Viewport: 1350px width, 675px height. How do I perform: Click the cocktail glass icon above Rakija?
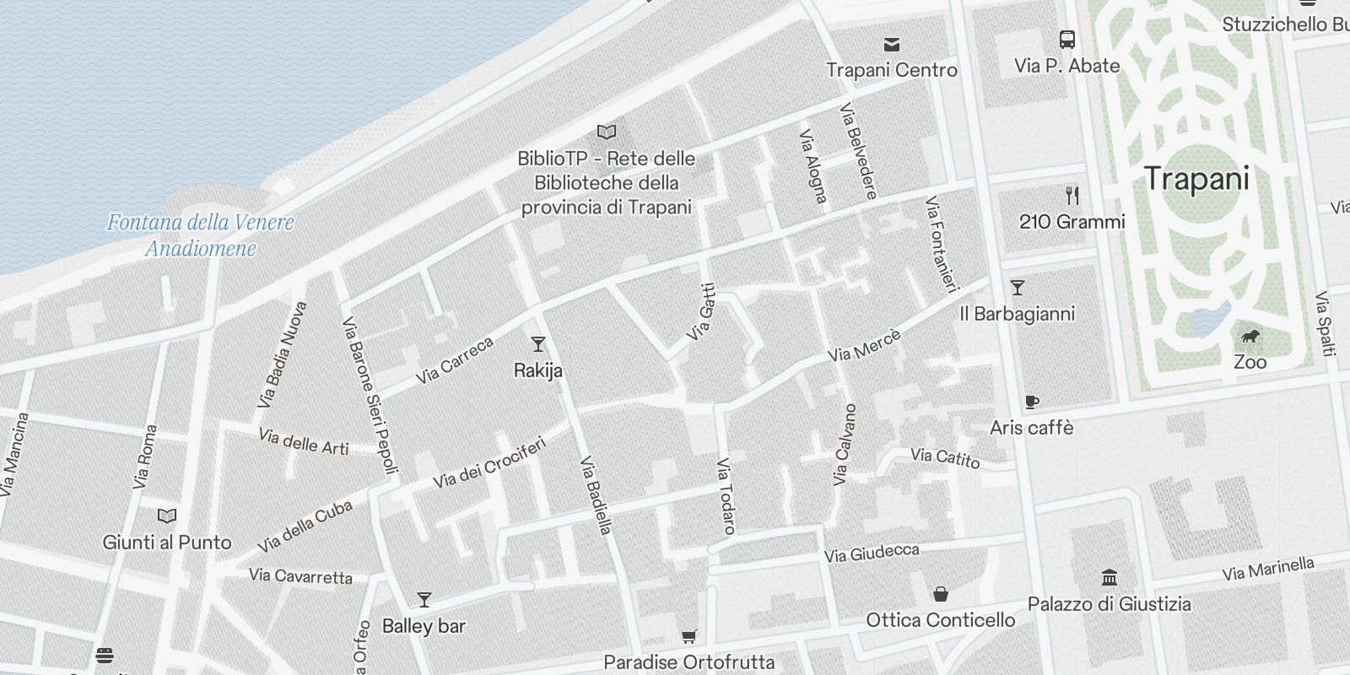pos(537,344)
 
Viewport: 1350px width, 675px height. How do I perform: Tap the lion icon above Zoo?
pos(1250,337)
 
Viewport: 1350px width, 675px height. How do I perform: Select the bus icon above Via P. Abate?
pos(1066,40)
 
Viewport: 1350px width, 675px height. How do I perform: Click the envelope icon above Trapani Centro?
pos(891,45)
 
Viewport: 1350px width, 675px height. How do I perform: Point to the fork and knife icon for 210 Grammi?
pos(1072,196)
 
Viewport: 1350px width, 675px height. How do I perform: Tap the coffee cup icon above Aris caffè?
pos(1031,402)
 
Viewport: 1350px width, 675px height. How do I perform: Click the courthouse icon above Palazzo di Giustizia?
pos(1110,578)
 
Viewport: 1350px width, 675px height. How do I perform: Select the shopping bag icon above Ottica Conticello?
pos(941,594)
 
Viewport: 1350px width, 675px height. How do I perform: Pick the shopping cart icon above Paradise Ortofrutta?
pos(689,636)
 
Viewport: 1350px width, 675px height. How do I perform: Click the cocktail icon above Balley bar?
pos(424,600)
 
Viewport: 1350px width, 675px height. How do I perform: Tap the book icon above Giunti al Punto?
pos(167,516)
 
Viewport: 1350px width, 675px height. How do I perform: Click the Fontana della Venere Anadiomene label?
pos(201,235)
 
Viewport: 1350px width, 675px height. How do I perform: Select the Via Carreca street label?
pos(454,360)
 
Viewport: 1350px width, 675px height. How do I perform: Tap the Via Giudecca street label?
pos(872,553)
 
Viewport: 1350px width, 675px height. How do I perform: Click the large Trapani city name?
pos(1196,179)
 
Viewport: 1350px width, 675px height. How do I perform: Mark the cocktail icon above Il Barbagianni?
pos(1018,288)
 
